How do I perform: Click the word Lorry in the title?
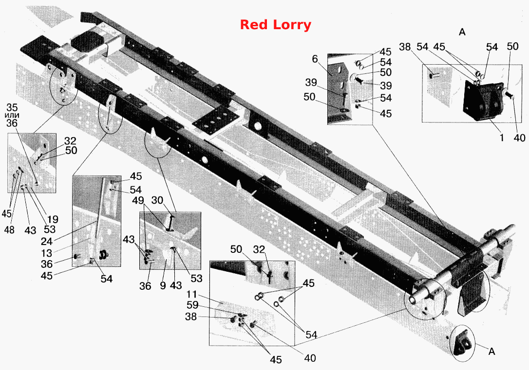292,25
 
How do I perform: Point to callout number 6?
315,59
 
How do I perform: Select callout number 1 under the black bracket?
501,138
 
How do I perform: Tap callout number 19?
53,219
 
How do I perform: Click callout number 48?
9,229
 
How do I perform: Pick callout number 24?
47,241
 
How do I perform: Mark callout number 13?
47,252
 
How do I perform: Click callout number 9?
163,285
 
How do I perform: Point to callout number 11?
191,295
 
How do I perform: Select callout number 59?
192,305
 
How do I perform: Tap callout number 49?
138,200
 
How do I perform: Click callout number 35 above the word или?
12,108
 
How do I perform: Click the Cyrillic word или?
12,116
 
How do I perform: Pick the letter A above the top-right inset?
462,32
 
